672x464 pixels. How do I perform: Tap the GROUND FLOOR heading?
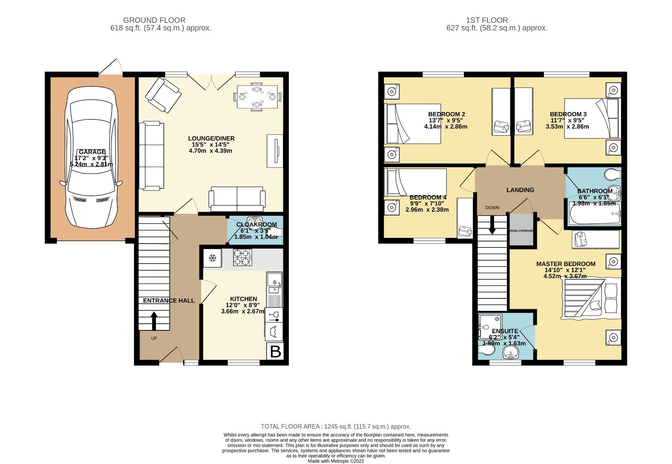click(154, 20)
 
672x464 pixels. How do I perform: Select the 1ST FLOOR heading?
click(487, 20)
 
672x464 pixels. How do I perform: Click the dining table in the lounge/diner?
click(257, 97)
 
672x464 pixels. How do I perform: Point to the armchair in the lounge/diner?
click(163, 95)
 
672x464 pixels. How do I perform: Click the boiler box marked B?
click(275, 352)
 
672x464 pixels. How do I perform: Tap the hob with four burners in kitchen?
click(242, 257)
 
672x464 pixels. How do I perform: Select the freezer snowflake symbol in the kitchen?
click(212, 258)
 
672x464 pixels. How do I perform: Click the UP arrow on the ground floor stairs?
click(154, 320)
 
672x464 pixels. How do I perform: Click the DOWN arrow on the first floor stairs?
click(492, 226)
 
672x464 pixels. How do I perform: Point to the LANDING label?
click(520, 190)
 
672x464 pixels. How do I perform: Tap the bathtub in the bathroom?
click(594, 214)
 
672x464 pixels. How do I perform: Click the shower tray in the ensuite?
click(490, 326)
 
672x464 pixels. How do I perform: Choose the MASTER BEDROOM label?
click(565, 264)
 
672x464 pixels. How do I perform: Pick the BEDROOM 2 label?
click(446, 114)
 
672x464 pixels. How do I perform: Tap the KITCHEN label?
click(243, 298)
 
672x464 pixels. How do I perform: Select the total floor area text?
click(336, 426)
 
